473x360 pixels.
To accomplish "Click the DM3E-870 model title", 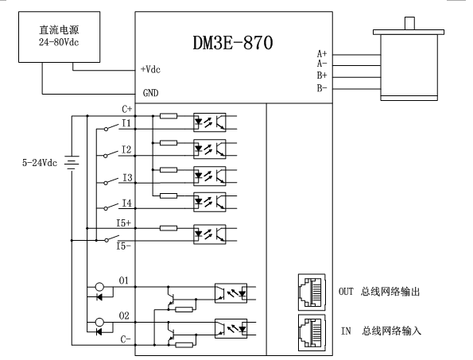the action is coord(233,43).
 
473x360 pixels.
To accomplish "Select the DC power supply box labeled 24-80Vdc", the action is coord(59,37).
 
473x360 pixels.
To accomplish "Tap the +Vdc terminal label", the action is coord(150,69).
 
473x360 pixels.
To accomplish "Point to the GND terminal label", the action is coord(150,93).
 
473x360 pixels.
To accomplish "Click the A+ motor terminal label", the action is coord(322,54).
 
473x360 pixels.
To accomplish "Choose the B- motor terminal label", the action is coord(322,88).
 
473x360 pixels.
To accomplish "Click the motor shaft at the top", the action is coord(409,24).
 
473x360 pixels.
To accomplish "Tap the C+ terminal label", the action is coord(127,109).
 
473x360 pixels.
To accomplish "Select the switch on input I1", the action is coord(111,127).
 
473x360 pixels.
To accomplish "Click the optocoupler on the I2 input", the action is coord(210,149).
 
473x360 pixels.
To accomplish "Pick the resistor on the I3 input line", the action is coord(169,170).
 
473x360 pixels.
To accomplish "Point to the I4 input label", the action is coord(127,203).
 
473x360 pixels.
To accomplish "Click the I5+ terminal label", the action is coord(124,223).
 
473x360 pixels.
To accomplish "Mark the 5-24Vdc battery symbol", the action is coord(72,162).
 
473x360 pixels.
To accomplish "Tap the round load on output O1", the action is coord(99,287).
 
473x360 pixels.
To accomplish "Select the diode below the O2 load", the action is coord(99,332).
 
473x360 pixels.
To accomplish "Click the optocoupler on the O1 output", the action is coord(231,293).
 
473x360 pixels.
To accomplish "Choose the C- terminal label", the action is coord(126,339).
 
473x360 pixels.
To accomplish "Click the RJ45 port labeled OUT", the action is coord(312,292).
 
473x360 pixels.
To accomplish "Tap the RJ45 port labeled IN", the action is coord(312,332).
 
